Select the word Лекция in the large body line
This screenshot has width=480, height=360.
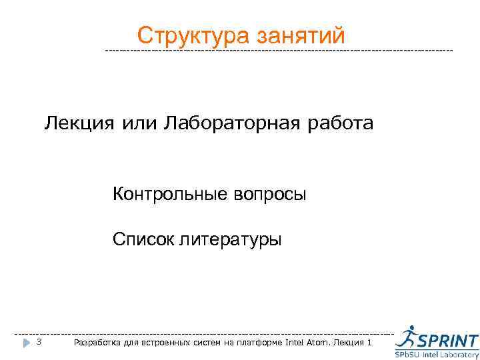(x=74, y=124)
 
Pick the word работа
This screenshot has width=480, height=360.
(x=341, y=124)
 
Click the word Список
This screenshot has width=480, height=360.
(x=141, y=239)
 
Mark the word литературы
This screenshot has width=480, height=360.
(x=229, y=239)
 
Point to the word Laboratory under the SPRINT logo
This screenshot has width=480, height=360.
(x=460, y=355)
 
